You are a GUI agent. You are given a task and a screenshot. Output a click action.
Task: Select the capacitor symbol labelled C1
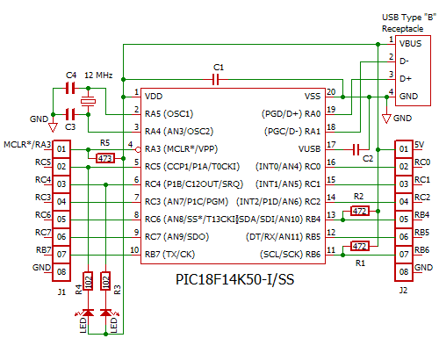click(218, 79)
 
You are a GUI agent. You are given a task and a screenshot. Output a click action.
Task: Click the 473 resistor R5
click(105, 158)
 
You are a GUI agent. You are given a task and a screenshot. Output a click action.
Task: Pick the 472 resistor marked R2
click(359, 211)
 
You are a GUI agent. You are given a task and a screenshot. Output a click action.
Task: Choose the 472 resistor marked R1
click(359, 246)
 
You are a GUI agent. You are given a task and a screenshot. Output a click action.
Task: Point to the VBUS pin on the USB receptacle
click(409, 42)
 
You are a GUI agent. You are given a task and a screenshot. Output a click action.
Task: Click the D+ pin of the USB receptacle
click(405, 78)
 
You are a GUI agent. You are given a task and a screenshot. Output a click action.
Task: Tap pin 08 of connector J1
click(61, 271)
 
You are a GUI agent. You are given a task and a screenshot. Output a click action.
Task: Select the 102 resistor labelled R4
click(88, 282)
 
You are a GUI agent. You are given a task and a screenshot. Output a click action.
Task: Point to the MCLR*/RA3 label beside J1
click(27, 144)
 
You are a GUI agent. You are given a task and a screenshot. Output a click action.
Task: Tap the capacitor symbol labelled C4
click(71, 89)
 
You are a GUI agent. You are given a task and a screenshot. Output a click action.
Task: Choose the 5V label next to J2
click(421, 145)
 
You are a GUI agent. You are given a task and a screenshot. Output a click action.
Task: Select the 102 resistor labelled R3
click(106, 282)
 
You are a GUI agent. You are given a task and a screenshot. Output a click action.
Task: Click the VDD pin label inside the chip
click(153, 96)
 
